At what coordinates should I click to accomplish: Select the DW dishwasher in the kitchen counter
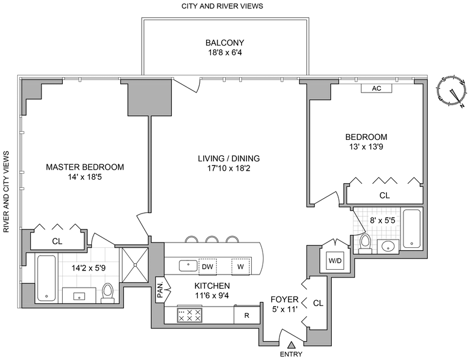coord(207,266)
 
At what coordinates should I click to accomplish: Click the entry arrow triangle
coord(292,345)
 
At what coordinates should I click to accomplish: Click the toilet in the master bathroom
coord(108,291)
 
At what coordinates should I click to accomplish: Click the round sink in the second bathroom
coord(387,246)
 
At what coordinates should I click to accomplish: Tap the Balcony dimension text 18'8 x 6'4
coord(225,53)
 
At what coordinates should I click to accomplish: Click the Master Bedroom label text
coord(85,167)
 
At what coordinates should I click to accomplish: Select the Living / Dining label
coord(229,158)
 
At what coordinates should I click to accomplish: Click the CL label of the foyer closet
coord(318,303)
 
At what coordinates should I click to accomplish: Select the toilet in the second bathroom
coord(366,243)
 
